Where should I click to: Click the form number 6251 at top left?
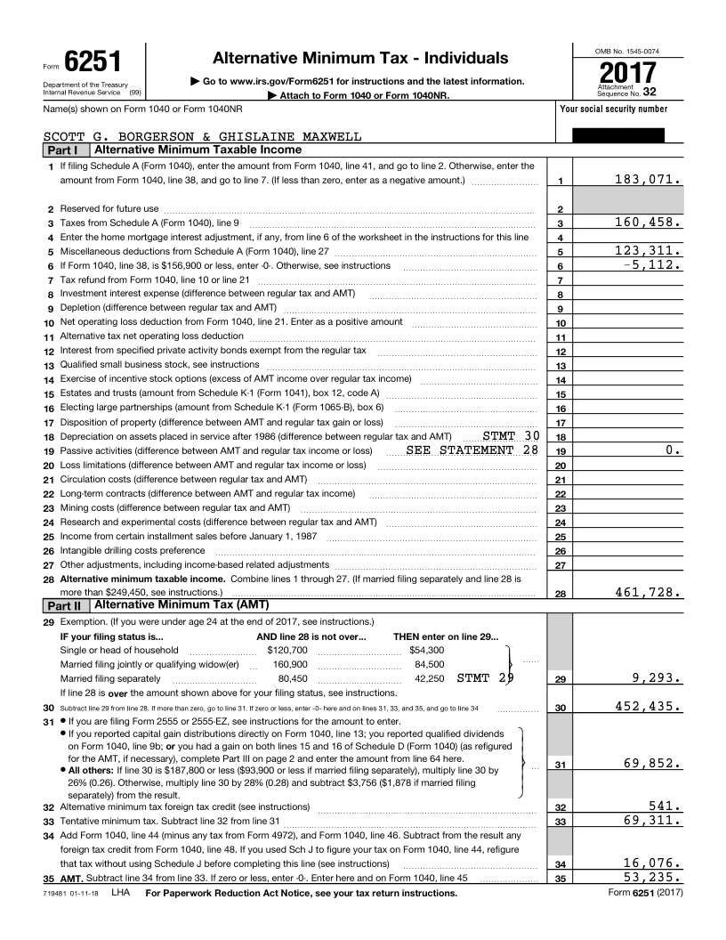coord(93,63)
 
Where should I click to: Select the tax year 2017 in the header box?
coord(628,72)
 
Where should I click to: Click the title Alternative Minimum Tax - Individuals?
coord(360,58)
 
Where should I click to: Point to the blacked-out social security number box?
coord(617,135)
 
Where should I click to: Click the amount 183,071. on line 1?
coord(649,180)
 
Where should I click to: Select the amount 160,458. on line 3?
coord(649,222)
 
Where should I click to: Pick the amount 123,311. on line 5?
coord(649,250)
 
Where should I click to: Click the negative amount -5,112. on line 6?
coord(652,264)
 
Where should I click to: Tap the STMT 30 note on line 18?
coord(511,436)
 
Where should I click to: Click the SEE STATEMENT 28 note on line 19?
coord(472,450)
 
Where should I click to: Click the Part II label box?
coord(64,605)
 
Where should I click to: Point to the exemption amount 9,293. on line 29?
coord(657,678)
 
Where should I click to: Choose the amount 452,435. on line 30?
coord(649,707)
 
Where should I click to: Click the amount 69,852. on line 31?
coord(652,763)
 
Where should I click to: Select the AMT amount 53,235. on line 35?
coord(652,878)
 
